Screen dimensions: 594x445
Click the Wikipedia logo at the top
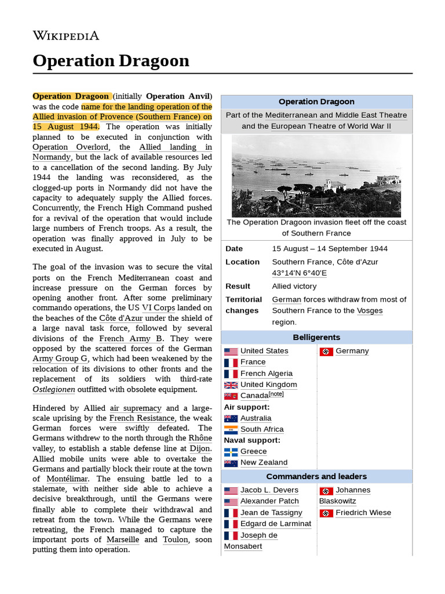point(65,36)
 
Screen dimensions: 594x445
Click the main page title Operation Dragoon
point(111,60)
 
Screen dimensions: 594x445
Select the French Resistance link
point(141,418)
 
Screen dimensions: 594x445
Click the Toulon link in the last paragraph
point(176,539)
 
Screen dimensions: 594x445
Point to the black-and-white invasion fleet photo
point(316,176)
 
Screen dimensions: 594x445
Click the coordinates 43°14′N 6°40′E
point(299,273)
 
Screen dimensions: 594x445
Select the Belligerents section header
point(316,337)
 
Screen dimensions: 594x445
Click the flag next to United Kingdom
point(231,385)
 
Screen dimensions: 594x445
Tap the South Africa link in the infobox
point(262,429)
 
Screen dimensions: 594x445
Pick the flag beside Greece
point(231,451)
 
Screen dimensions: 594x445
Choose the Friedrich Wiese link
point(363,513)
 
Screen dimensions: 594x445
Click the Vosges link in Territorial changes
point(370,310)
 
